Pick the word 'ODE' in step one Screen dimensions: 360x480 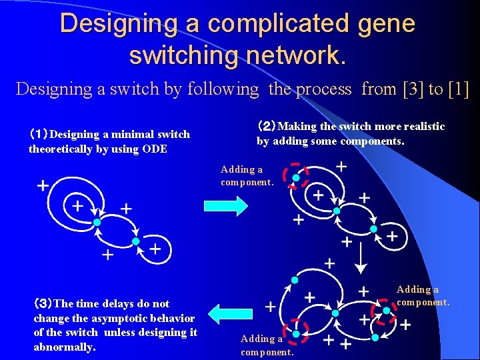point(155,149)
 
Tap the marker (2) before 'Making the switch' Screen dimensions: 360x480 point(267,127)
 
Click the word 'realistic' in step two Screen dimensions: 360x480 point(422,127)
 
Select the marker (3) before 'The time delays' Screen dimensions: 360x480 point(43,304)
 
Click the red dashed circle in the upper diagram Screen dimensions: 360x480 point(295,176)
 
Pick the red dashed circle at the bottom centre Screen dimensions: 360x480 point(295,330)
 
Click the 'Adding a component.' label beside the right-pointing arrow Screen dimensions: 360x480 point(247,176)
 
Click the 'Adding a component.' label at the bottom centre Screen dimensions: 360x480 point(267,345)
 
